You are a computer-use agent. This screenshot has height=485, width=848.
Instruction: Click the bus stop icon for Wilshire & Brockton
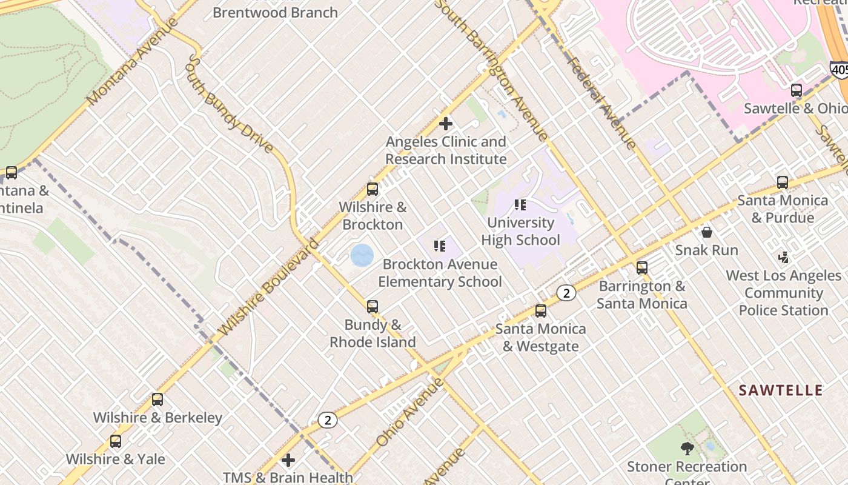click(373, 189)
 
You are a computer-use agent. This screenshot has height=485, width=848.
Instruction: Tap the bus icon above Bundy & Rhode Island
click(373, 307)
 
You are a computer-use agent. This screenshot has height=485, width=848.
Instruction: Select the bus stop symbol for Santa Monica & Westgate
click(541, 311)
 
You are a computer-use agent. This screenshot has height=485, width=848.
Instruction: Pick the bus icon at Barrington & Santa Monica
click(642, 268)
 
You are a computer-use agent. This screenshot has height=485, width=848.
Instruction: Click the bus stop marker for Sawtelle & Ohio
click(797, 91)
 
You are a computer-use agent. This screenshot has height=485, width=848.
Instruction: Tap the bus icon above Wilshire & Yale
click(116, 441)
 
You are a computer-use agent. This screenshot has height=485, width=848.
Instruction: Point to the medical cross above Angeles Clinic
click(446, 124)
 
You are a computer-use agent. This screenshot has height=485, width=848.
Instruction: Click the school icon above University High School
click(520, 205)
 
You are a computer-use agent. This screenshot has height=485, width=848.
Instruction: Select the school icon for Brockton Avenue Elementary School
click(440, 246)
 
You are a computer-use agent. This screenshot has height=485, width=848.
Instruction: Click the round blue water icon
click(362, 255)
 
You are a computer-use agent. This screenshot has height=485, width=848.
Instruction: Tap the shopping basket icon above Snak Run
click(706, 232)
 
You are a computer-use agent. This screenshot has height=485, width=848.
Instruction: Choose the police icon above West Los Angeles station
click(784, 258)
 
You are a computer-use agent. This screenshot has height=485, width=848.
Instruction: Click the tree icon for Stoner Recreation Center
click(687, 449)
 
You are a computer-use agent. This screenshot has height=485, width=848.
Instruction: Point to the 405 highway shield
click(840, 70)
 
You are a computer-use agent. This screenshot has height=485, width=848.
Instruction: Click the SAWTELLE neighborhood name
click(781, 390)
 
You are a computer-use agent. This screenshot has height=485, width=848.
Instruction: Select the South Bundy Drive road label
click(230, 103)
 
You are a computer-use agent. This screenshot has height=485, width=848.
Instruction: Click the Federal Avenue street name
click(601, 103)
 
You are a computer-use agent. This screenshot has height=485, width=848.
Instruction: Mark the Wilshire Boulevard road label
click(268, 288)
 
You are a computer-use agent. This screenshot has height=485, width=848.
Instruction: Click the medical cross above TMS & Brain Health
click(288, 460)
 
